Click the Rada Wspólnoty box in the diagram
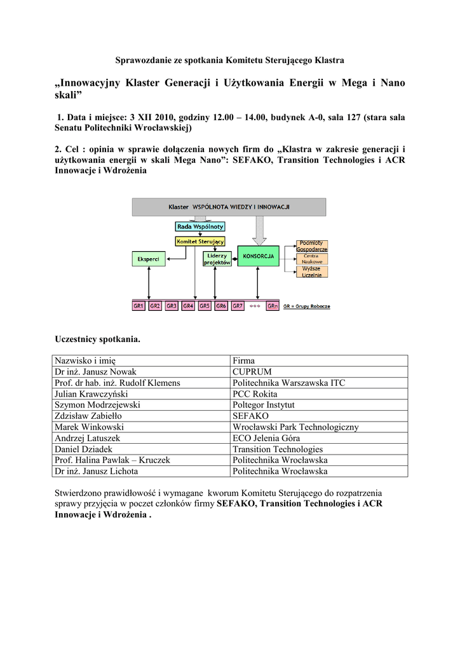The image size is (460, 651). point(200,226)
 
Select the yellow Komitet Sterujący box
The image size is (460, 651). point(200,241)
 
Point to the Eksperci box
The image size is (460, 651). point(149,259)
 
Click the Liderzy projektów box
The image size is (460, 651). point(217,259)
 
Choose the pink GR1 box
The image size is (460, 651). point(139,306)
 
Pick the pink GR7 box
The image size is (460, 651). point(238,306)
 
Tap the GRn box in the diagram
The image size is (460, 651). point(273,306)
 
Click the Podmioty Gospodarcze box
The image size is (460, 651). point(312,246)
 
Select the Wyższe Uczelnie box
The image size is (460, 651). point(312,271)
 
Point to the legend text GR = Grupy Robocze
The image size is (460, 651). point(306,306)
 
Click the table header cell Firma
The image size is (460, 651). point(243,360)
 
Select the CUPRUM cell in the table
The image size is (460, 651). point(252,371)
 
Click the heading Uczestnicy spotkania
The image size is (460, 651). point(98,339)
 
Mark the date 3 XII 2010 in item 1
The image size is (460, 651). point(151,117)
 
